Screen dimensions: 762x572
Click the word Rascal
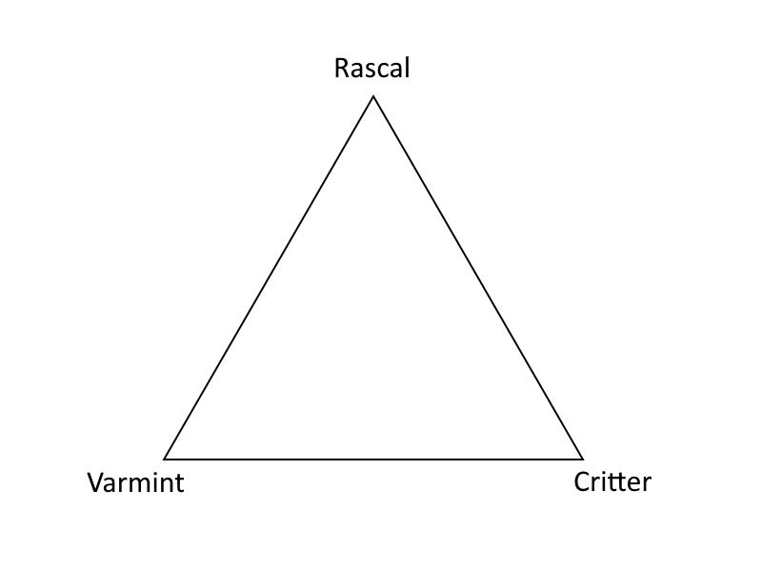371,68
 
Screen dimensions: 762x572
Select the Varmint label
135,483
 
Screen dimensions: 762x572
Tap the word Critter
612,482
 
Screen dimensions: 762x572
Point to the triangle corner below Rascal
373,96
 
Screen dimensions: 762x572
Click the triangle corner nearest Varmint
164,459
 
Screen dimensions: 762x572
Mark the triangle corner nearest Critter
582,459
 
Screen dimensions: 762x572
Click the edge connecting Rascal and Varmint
269,277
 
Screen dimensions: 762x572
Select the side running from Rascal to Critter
478,277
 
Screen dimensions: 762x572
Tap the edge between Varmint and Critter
373,459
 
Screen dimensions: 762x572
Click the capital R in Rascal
342,69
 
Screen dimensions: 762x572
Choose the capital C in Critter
582,482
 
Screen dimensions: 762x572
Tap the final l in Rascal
408,68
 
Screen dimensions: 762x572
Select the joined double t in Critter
617,482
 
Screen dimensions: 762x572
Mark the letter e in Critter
633,485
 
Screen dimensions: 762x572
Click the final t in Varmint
180,485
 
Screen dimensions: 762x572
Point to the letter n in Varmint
169,486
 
